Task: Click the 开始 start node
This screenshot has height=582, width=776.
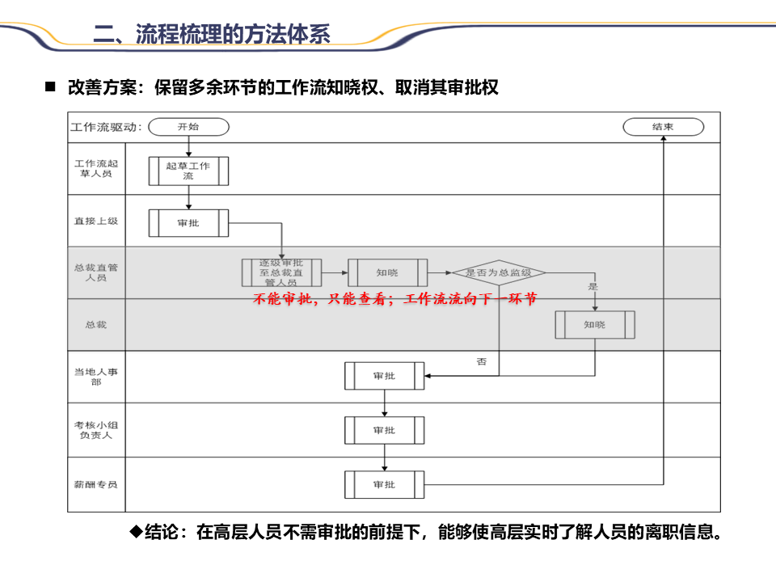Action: (x=188, y=127)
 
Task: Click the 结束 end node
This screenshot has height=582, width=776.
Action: (x=663, y=127)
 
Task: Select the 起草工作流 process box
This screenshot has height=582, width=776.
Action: (x=188, y=171)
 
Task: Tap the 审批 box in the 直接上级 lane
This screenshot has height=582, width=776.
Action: (x=188, y=223)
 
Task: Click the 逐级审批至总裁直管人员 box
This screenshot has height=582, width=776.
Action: (x=281, y=272)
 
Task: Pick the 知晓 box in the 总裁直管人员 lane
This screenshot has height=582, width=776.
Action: (x=387, y=272)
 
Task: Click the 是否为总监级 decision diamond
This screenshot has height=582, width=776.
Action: (x=498, y=273)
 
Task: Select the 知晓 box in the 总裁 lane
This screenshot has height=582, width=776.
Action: (x=594, y=324)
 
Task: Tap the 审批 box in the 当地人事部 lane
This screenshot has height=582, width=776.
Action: (x=384, y=376)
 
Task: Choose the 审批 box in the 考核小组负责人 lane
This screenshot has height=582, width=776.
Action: (x=384, y=430)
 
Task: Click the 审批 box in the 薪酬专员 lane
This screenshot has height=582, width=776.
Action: (x=384, y=484)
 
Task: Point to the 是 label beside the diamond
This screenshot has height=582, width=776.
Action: (x=593, y=287)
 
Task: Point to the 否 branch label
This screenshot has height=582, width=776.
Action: (x=482, y=362)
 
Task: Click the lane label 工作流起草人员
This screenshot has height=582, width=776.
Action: (x=96, y=168)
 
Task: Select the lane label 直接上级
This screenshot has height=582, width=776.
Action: (x=96, y=221)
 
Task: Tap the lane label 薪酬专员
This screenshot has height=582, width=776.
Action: (x=96, y=484)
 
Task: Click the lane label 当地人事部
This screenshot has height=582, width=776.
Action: (x=96, y=376)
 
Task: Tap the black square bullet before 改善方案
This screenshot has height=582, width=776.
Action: (x=50, y=86)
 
